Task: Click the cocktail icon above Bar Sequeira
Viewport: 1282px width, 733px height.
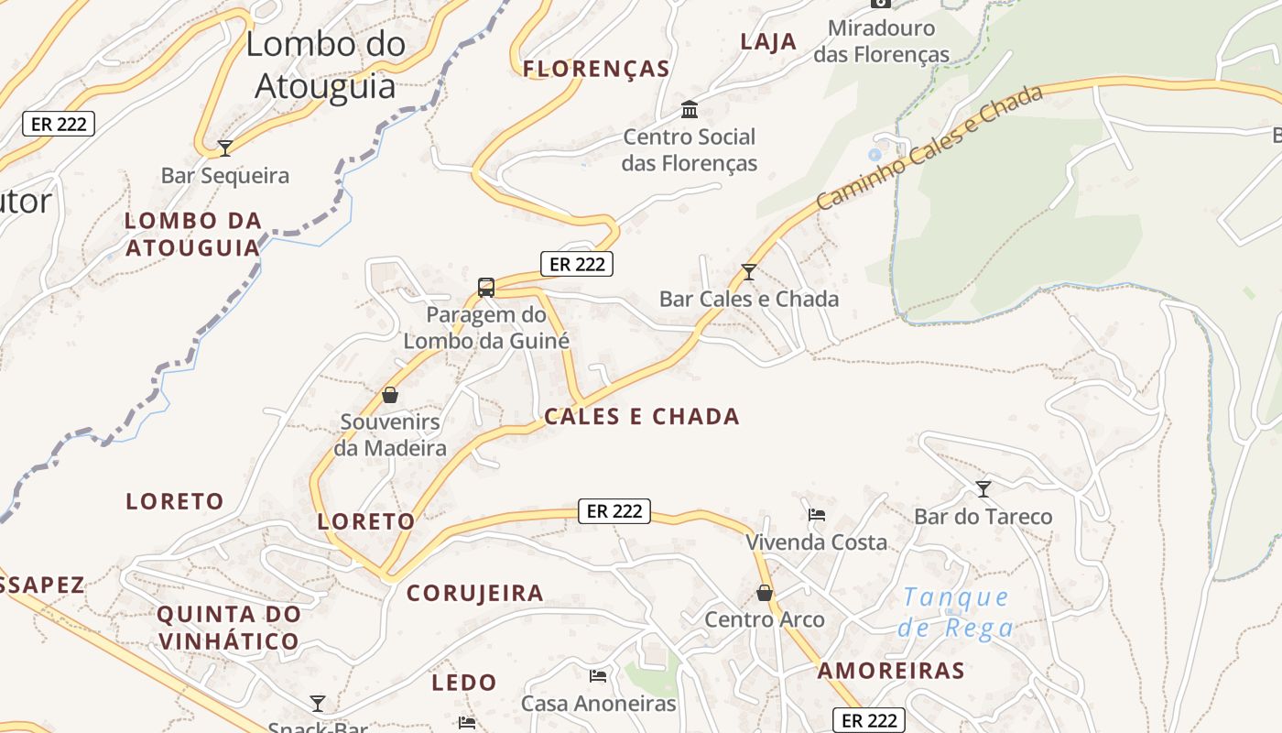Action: click(x=225, y=148)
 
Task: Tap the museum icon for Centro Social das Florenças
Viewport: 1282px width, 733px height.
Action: click(x=690, y=110)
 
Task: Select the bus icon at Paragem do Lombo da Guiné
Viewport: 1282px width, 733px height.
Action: click(x=486, y=287)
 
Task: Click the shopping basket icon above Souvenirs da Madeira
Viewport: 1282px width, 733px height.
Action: click(x=390, y=395)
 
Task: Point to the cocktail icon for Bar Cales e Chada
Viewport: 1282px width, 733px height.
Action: click(x=749, y=272)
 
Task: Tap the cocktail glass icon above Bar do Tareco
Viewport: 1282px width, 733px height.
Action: click(x=983, y=489)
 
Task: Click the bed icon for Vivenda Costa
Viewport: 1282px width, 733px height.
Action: click(x=817, y=515)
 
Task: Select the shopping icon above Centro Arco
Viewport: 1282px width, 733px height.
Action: click(x=765, y=593)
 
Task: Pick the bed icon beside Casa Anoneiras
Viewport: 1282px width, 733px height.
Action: click(x=598, y=676)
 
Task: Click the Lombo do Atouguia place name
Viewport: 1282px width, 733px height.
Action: click(x=325, y=64)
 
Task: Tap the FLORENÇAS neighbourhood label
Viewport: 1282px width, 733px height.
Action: click(x=596, y=69)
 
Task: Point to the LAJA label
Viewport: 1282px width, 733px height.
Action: click(x=768, y=42)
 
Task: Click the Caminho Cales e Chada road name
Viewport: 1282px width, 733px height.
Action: click(x=929, y=147)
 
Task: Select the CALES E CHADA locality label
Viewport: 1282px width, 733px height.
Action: click(x=642, y=417)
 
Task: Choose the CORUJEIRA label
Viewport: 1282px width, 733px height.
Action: click(x=475, y=593)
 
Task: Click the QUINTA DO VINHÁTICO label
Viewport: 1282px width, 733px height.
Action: click(x=228, y=628)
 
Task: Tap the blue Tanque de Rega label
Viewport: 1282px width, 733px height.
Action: click(x=956, y=613)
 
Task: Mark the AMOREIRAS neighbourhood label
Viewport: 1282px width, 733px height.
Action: click(x=891, y=671)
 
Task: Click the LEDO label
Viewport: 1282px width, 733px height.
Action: click(x=463, y=683)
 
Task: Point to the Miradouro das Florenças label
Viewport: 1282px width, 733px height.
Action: click(x=881, y=41)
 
